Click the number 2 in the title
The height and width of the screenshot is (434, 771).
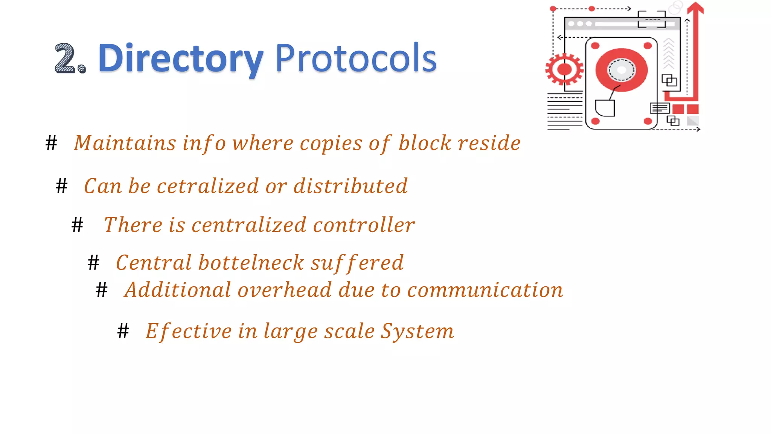(x=66, y=58)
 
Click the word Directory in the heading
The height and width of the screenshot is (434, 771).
(x=180, y=59)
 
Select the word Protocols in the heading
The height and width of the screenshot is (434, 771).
(x=356, y=58)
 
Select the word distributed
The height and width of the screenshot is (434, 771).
(x=350, y=186)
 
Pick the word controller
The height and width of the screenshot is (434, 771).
(x=364, y=225)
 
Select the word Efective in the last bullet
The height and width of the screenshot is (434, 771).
(x=189, y=332)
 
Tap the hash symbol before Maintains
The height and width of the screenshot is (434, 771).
(x=52, y=144)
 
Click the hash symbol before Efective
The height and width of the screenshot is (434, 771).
(x=123, y=332)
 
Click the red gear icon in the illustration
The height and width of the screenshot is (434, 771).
(x=564, y=70)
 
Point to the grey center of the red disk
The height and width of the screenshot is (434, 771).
(x=621, y=70)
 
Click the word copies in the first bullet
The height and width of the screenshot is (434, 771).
(x=331, y=144)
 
